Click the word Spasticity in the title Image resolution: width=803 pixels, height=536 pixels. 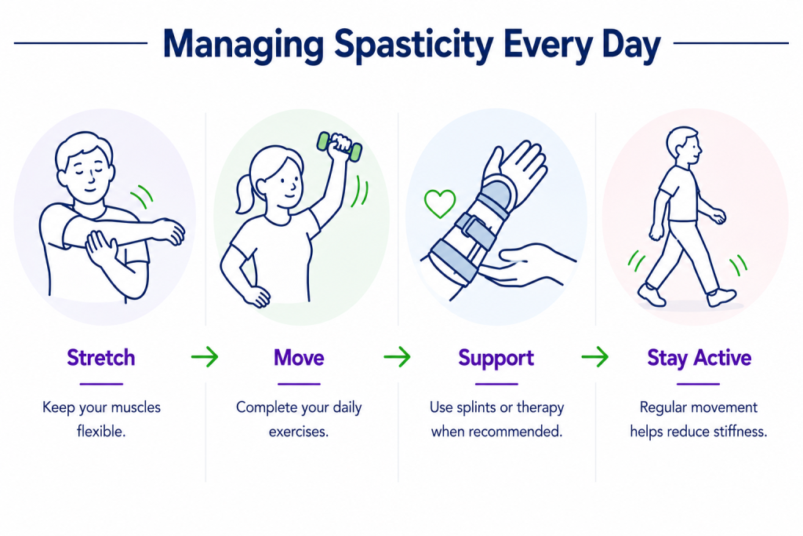click(414, 45)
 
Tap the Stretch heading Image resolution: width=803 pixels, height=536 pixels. click(101, 358)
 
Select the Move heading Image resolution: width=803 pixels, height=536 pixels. click(299, 358)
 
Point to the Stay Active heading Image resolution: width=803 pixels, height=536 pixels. click(699, 358)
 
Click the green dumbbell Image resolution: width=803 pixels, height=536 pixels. click(340, 146)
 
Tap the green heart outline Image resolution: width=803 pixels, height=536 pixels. click(440, 203)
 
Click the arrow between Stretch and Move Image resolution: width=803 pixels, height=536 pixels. click(205, 356)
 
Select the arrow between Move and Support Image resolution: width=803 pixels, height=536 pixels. click(398, 356)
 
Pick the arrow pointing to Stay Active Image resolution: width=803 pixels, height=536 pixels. click(595, 356)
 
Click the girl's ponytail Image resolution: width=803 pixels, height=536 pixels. click(245, 194)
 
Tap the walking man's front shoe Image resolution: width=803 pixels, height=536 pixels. click(721, 297)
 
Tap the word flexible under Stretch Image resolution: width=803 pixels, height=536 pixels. click(101, 432)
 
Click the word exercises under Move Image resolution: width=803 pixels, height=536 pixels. click(299, 432)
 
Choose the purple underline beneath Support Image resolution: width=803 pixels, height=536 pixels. click(496, 384)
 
